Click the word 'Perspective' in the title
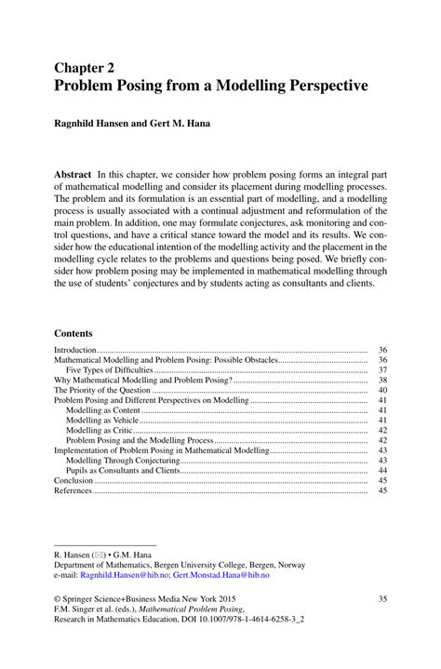[x=319, y=86]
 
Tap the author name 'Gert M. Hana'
[x=182, y=123]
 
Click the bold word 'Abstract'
[x=79, y=174]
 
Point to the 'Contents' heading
[x=73, y=331]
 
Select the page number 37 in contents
[x=382, y=370]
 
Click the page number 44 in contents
[x=382, y=471]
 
